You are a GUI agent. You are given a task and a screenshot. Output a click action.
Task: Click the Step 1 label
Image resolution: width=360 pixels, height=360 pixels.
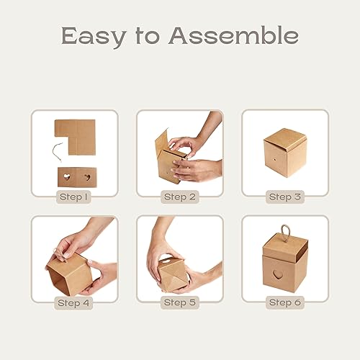pyautogui.click(x=74, y=196)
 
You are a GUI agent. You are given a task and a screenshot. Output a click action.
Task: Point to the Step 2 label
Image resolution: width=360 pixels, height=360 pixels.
pyautogui.click(x=179, y=196)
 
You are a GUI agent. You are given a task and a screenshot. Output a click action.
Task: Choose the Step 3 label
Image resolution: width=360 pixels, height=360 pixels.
pyautogui.click(x=284, y=196)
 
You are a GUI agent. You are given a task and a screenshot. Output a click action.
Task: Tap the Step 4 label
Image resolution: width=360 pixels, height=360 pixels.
pyautogui.click(x=74, y=302)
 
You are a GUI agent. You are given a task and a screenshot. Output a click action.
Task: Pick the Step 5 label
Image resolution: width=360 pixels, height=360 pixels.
pyautogui.click(x=179, y=302)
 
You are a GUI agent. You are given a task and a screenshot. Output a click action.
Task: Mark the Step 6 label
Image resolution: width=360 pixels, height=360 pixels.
pyautogui.click(x=284, y=302)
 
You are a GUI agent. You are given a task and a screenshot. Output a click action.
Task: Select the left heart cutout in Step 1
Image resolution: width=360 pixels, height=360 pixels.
pyautogui.click(x=65, y=175)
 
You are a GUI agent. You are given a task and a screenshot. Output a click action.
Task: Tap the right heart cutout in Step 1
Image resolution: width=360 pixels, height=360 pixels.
pyautogui.click(x=87, y=175)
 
